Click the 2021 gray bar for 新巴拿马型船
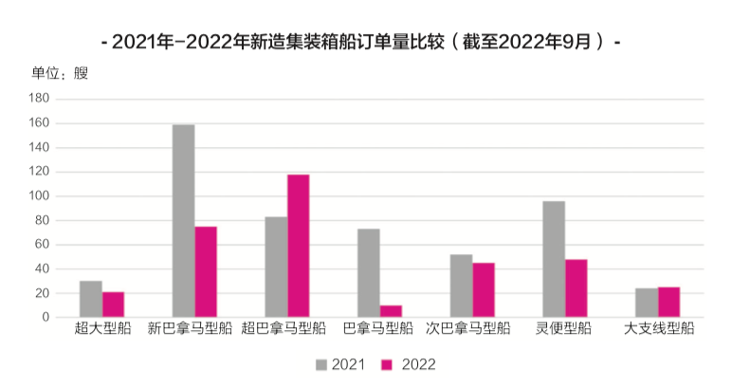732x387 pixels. pos(184,221)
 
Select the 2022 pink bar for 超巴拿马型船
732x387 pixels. pos(299,246)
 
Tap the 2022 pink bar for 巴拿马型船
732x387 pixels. pos(391,311)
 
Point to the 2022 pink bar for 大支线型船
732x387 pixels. pos(669,303)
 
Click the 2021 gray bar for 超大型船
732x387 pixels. pos(91,299)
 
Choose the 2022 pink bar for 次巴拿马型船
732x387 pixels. pos(484,290)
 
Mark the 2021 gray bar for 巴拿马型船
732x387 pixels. pos(369,273)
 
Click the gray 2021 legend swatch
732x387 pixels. pos(321,364)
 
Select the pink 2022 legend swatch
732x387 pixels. pos(387,364)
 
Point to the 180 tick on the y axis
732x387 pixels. pos(39,99)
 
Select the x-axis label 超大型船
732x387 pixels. pos(101,330)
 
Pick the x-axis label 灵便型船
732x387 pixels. pos(564,330)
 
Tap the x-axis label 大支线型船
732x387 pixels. pos(659,330)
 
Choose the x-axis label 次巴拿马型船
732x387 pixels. pos(472,330)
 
